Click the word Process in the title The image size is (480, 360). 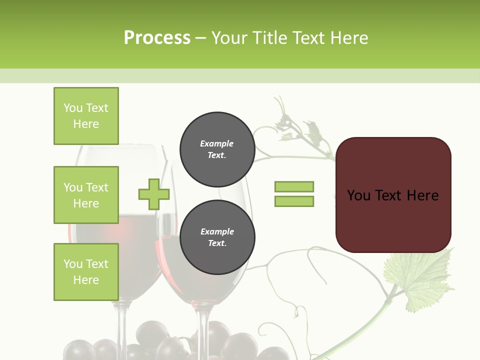(x=157, y=38)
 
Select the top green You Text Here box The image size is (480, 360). (x=86, y=116)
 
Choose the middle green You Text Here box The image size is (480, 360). (x=86, y=195)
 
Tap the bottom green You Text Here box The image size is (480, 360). (x=86, y=272)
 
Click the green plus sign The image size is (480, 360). (x=154, y=194)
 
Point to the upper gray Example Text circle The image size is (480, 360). (x=217, y=149)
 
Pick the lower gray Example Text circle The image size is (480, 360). (x=217, y=237)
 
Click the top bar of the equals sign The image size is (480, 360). (x=294, y=186)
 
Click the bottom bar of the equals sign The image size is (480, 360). (x=294, y=201)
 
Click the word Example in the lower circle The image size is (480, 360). (x=217, y=231)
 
